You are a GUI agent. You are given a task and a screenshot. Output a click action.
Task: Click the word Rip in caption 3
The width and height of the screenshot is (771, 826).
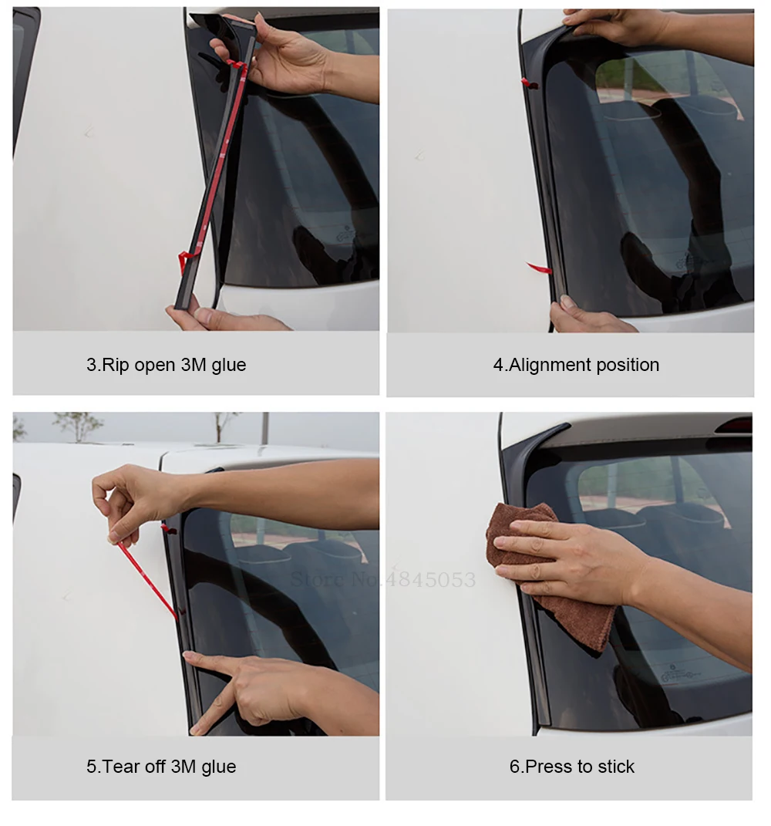click(116, 365)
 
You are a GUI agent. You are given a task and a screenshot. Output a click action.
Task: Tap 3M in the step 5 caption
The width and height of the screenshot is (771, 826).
click(183, 767)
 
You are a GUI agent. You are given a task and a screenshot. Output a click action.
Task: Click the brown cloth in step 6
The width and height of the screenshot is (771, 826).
click(547, 579)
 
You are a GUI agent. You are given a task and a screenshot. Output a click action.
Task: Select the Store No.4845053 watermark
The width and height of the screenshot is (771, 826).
click(383, 579)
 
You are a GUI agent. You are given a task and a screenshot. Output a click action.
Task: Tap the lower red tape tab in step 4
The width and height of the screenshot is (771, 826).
click(539, 268)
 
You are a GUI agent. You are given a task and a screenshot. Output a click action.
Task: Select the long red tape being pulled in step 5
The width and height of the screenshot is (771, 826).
click(147, 579)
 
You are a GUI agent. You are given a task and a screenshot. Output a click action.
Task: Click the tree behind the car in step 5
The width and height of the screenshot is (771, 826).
click(79, 426)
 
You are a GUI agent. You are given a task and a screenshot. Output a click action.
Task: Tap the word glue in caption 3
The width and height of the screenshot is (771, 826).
click(228, 366)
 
